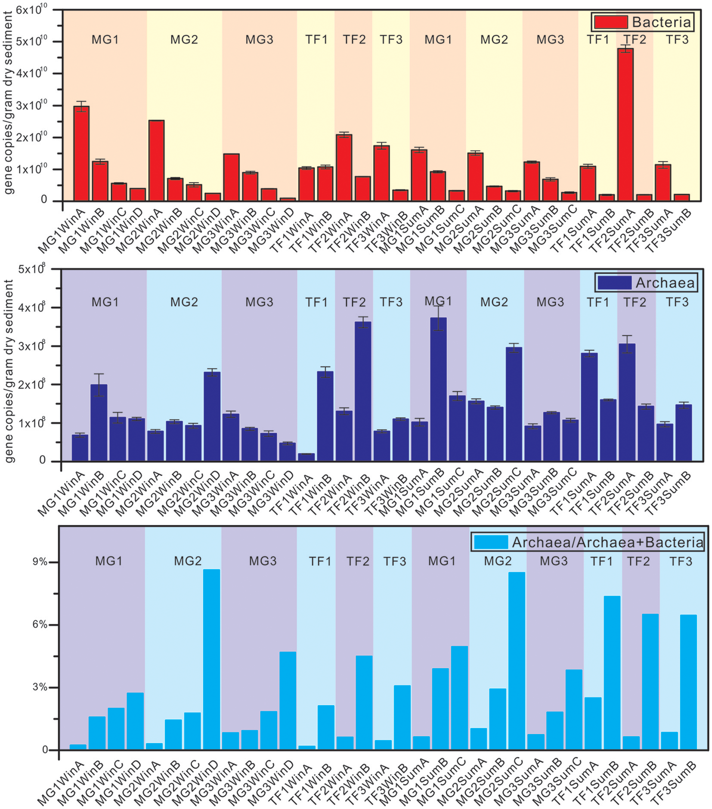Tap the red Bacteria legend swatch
pos(610,22)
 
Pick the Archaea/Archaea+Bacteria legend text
pos(607,542)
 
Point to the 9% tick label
pos(40,562)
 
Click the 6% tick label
pos(40,625)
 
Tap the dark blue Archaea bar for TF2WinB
pos(363,392)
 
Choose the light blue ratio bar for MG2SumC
pos(517,661)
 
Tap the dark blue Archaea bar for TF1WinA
pos(306,457)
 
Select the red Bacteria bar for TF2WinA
pos(344,168)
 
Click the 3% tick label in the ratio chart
pos(40,687)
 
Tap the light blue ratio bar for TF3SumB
pos(688,682)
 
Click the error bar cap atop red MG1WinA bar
pos(81,102)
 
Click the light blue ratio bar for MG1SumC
pos(459,698)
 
